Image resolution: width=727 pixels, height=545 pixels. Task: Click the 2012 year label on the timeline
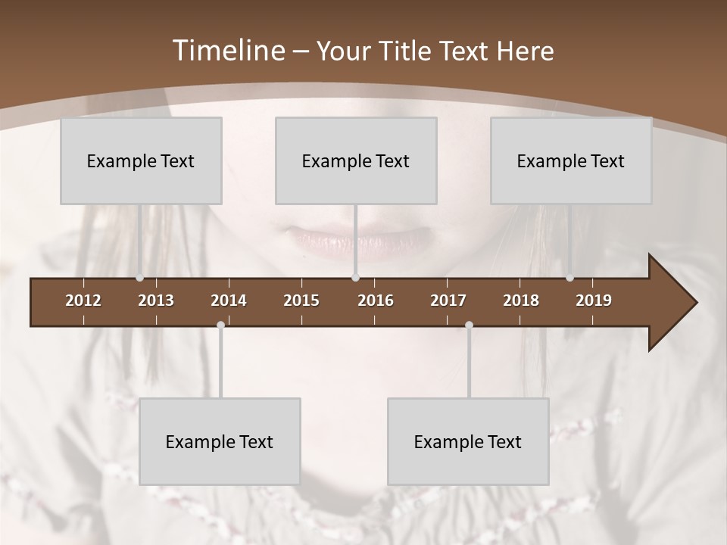tap(83, 301)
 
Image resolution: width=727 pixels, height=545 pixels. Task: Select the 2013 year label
tap(156, 301)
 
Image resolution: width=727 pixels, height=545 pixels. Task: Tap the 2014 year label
tap(229, 301)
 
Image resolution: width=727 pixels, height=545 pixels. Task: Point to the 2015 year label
tap(301, 301)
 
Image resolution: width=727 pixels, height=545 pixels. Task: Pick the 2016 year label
tap(376, 301)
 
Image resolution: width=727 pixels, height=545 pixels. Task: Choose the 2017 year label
tap(448, 301)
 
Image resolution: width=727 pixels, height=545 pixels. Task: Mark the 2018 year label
tap(521, 301)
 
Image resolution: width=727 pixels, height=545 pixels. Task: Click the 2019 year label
tap(594, 301)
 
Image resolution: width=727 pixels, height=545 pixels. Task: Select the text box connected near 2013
tap(141, 160)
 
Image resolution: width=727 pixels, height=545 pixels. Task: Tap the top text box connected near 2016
tap(356, 160)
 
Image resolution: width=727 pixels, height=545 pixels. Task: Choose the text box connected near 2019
tap(571, 160)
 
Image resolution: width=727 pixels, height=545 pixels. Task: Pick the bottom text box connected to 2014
tap(220, 441)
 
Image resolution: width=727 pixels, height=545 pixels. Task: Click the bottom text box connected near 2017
tap(468, 441)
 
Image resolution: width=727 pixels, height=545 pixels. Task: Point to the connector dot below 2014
tap(220, 325)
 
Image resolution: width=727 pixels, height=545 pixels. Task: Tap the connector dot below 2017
tap(469, 325)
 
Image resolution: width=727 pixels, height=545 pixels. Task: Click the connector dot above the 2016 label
tap(355, 278)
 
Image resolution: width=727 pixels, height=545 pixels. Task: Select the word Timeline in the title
tap(228, 51)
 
